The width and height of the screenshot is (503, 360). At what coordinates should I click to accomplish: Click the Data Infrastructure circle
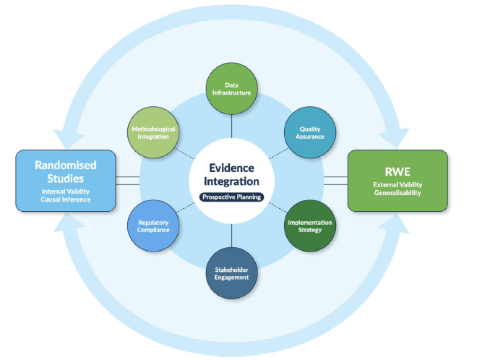231,90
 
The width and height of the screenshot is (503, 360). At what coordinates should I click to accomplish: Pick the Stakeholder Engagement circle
231,273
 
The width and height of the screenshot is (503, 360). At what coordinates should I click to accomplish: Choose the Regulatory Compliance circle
152,226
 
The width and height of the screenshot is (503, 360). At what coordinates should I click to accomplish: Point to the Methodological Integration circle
152,133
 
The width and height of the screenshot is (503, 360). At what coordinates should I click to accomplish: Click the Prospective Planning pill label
231,197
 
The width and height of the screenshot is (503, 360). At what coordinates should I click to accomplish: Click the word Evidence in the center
231,166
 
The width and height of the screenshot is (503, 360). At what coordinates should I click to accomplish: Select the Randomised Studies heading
64,171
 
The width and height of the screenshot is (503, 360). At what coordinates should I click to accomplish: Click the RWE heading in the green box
397,172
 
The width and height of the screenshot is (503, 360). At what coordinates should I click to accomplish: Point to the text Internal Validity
64,191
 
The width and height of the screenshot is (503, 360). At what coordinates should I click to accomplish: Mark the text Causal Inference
64,200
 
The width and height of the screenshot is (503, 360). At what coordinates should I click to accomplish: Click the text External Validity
397,185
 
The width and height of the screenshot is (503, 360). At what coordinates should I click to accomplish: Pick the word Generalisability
397,194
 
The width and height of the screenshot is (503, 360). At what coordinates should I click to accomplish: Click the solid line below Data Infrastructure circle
231,126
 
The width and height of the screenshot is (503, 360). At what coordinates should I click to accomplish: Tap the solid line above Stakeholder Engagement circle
231,235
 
